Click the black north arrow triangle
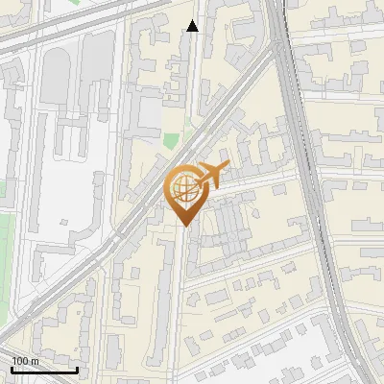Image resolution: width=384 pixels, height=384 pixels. click(193, 26)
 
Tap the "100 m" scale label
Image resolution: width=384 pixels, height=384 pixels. click(26, 361)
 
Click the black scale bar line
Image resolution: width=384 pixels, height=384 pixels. click(44, 370)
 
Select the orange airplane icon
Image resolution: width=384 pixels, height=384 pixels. click(211, 176)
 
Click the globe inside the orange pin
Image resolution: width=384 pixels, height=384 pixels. click(184, 189)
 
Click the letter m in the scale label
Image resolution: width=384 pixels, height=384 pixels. click(36, 361)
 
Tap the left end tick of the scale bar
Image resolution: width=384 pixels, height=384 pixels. click(12, 368)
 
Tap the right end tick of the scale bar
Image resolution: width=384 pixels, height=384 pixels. click(77, 368)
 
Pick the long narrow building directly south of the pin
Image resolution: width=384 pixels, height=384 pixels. click(164, 288)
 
